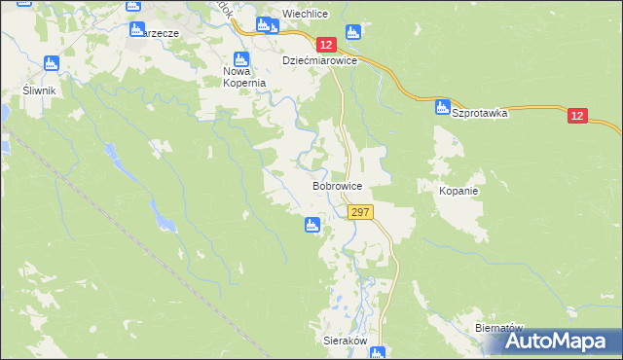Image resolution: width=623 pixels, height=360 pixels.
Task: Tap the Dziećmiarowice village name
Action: point(320,60)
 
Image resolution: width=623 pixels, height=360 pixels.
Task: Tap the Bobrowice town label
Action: point(338,185)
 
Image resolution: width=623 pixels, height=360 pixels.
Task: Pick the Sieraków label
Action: point(344,342)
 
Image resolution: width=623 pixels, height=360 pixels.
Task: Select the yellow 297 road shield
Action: point(359,212)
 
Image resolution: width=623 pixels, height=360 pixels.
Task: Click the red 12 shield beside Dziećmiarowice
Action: point(326,45)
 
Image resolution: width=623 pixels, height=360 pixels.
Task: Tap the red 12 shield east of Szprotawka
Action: point(578,117)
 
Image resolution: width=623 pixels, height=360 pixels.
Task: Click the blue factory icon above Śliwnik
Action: point(52,63)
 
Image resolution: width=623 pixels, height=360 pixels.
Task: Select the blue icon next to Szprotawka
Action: point(443,106)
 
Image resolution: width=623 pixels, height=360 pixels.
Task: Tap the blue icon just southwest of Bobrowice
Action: point(312,226)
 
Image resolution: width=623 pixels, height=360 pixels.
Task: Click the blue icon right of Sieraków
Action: point(378,352)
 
